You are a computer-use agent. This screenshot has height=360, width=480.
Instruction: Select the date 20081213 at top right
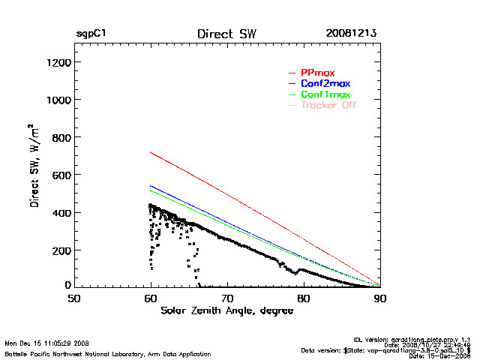pyautogui.click(x=351, y=34)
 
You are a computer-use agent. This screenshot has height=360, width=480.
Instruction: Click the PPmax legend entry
pyautogui.click(x=317, y=72)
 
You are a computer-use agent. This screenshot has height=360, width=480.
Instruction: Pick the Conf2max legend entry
pyautogui.click(x=325, y=83)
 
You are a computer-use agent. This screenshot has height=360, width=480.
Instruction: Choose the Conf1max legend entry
pyautogui.click(x=325, y=94)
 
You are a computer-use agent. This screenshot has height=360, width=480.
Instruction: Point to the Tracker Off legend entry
pyautogui.click(x=328, y=105)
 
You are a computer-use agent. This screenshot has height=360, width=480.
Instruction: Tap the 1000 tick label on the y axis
pyautogui.click(x=58, y=100)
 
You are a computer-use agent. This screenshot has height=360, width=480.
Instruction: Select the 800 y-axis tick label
pyautogui.click(x=61, y=137)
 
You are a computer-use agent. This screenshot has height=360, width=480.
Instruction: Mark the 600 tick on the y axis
pyautogui.click(x=61, y=175)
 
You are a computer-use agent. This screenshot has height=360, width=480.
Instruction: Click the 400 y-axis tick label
pyautogui.click(x=61, y=212)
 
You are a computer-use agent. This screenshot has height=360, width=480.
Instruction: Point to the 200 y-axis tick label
pyautogui.click(x=61, y=250)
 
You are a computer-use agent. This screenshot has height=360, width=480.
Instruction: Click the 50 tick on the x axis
pyautogui.click(x=74, y=298)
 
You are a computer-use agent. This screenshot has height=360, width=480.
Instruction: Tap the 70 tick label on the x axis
pyautogui.click(x=227, y=298)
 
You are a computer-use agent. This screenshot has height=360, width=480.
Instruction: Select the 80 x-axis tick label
pyautogui.click(x=304, y=298)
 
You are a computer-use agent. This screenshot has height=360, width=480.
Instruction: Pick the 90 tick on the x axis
pyautogui.click(x=380, y=298)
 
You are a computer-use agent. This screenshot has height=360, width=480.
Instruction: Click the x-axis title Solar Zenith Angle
pyautogui.click(x=226, y=311)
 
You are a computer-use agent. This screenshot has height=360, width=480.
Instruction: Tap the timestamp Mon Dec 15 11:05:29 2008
pyautogui.click(x=46, y=343)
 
